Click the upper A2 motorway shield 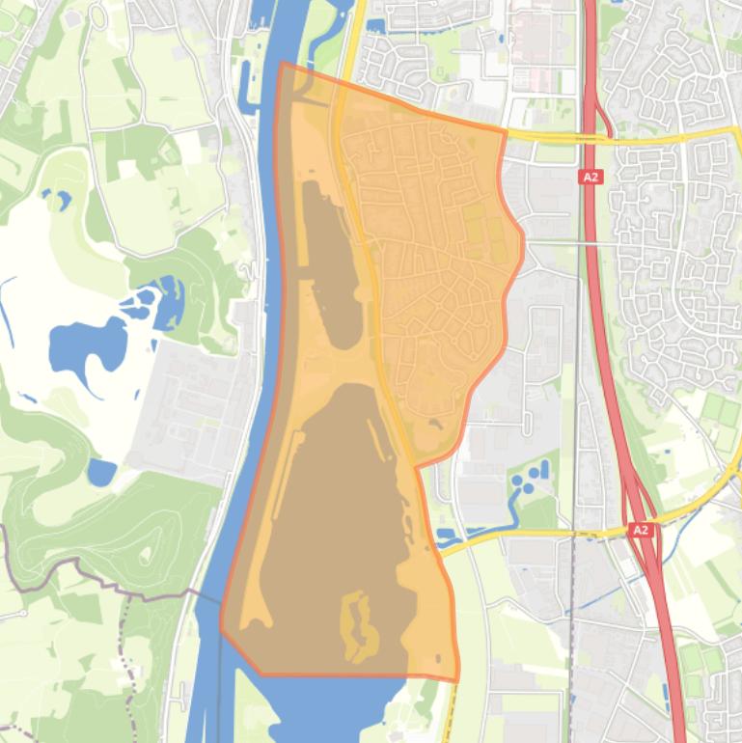pos(590,177)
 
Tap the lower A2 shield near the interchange pos(641,530)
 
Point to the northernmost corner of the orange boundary pos(281,64)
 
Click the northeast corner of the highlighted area pos(506,128)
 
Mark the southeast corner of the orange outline pos(457,680)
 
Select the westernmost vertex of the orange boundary pos(221,628)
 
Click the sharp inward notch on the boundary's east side pos(417,467)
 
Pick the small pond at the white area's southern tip pos(100,472)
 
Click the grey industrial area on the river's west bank pos(188,405)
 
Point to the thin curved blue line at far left pos(7,309)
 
